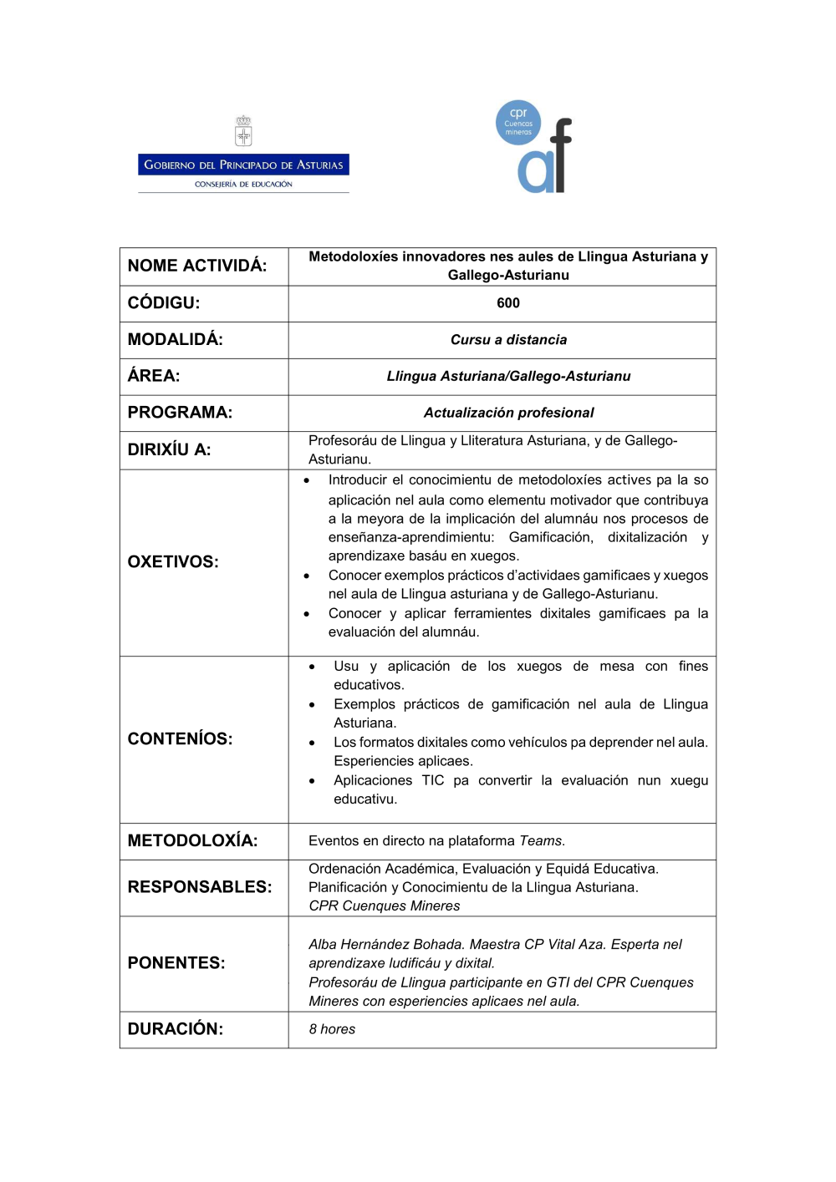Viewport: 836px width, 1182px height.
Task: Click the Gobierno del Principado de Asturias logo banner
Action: click(243, 165)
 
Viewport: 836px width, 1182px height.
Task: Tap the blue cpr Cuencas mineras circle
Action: click(518, 123)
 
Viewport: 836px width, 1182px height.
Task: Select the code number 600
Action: click(508, 303)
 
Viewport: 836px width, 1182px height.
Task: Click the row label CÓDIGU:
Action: click(164, 303)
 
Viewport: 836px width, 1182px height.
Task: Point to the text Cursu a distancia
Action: click(508, 340)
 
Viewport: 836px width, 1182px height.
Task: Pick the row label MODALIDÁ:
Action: click(175, 340)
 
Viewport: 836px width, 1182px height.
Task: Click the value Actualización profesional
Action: click(508, 413)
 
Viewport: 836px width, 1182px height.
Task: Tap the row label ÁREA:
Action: click(154, 376)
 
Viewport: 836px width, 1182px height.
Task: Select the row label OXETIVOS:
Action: click(173, 562)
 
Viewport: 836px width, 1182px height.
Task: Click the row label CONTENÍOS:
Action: click(180, 739)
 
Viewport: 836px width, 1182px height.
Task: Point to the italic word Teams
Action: click(542, 841)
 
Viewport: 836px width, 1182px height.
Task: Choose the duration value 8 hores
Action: click(332, 1030)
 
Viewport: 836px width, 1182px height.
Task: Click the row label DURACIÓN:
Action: click(175, 1029)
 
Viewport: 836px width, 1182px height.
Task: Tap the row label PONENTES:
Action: click(176, 963)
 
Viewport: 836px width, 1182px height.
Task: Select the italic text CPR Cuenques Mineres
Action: click(385, 906)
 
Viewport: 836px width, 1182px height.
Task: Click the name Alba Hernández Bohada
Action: click(385, 945)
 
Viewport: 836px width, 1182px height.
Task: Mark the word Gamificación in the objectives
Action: click(551, 538)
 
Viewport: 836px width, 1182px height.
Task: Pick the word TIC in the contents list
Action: click(433, 781)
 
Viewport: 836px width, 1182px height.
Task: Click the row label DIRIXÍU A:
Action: click(169, 449)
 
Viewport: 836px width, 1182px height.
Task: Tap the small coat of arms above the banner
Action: click(243, 131)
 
